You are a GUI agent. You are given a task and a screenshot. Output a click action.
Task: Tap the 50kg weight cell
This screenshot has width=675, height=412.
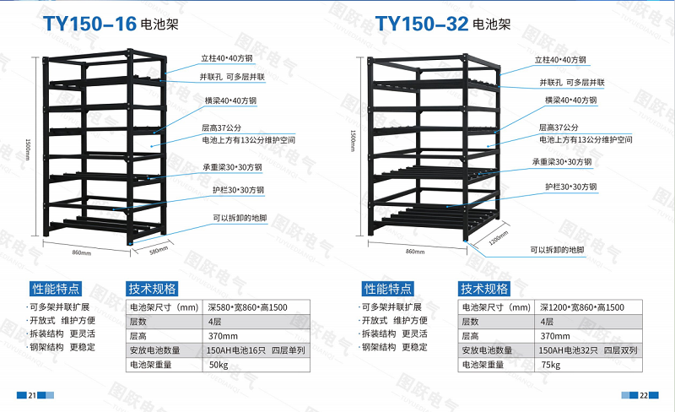(x=219, y=365)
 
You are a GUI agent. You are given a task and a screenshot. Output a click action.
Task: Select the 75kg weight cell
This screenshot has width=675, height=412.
(x=550, y=365)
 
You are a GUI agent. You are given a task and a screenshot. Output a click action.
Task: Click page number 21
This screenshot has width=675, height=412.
(x=32, y=395)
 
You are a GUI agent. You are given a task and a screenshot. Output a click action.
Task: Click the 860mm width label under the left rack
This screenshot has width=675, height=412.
(x=81, y=252)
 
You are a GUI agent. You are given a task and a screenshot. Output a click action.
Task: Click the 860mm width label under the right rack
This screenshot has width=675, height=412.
(x=415, y=252)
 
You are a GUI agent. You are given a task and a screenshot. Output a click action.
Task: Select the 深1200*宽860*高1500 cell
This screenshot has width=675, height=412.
(x=582, y=306)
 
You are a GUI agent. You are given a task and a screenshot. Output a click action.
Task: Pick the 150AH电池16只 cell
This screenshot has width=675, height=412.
(x=249, y=350)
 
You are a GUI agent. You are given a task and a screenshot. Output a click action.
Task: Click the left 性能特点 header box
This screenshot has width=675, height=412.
(x=56, y=287)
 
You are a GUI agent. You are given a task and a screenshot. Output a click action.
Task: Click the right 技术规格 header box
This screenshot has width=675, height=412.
(x=483, y=287)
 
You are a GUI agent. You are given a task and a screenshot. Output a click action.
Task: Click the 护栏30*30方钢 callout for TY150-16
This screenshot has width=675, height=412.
(x=239, y=190)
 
